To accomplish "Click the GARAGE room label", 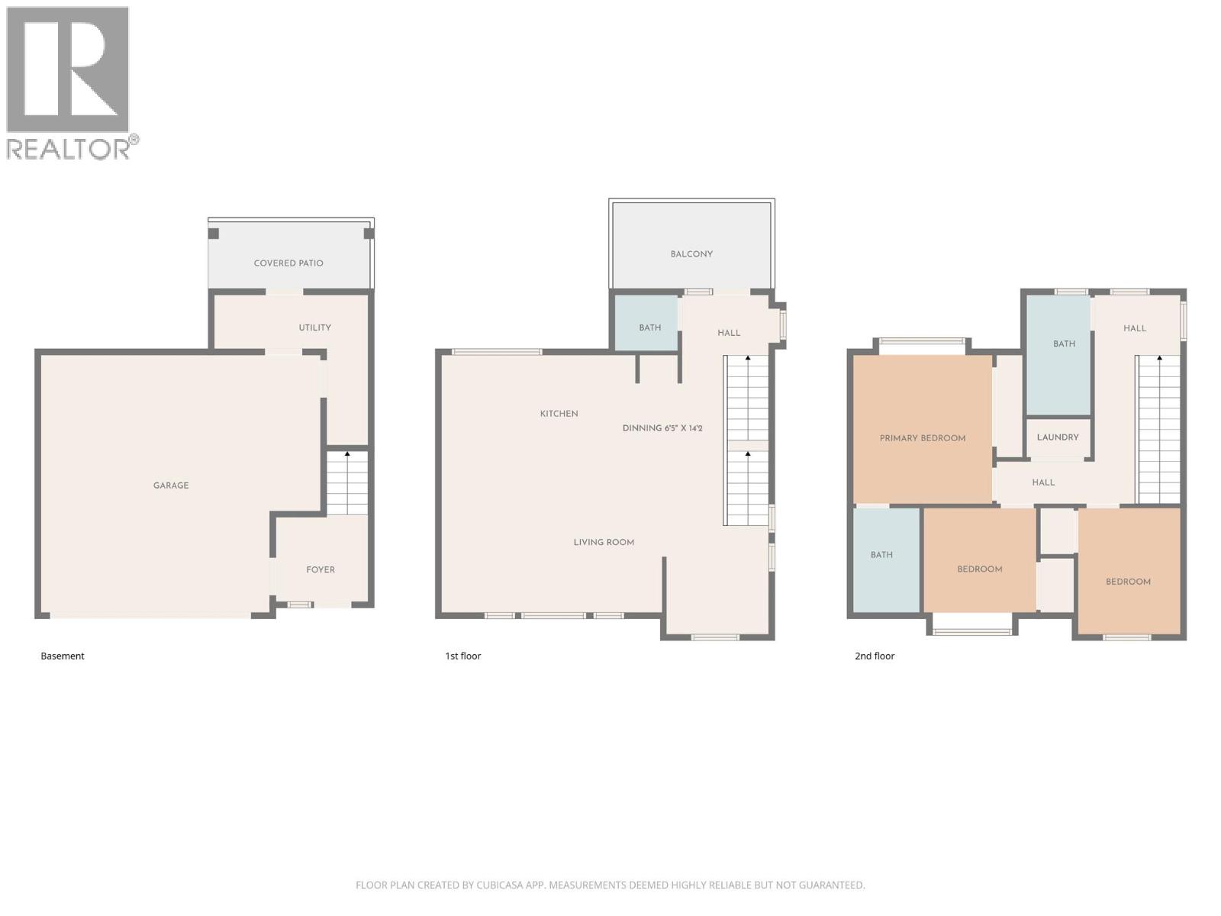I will click(171, 485).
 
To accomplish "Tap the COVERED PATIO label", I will click(288, 263).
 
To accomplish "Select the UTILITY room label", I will click(314, 327).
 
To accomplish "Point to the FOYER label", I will click(321, 569).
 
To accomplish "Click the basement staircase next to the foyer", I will click(347, 483).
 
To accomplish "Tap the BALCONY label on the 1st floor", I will click(691, 254).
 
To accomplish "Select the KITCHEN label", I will click(559, 414).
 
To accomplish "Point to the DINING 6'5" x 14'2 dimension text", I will click(662, 428).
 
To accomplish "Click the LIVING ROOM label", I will click(604, 543).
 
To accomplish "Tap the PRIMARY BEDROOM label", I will click(923, 438).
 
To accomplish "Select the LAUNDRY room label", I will click(1058, 437).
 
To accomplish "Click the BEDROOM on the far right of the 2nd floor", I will click(1128, 582).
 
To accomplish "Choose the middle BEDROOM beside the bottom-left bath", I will click(980, 569).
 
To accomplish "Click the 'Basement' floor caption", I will click(63, 656).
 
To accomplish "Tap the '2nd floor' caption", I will click(875, 656).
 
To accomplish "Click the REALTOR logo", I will click(70, 82).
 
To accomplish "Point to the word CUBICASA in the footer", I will click(500, 885).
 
